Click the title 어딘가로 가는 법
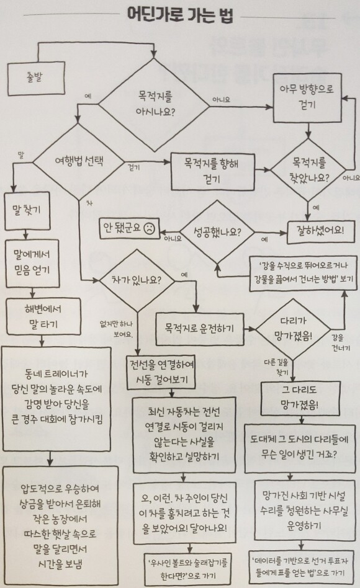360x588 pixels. pyautogui.click(x=180, y=16)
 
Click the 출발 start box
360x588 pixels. pyautogui.click(x=36, y=79)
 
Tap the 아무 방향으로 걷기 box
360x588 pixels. pyautogui.click(x=307, y=98)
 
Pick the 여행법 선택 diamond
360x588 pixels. pyautogui.click(x=79, y=162)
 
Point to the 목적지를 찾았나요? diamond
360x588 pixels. pyautogui.click(x=308, y=170)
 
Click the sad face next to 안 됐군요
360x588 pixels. pyautogui.click(x=149, y=228)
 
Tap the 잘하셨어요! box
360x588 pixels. pyautogui.click(x=320, y=229)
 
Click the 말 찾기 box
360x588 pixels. pyautogui.click(x=27, y=211)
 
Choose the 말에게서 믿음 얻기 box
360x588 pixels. pyautogui.click(x=32, y=263)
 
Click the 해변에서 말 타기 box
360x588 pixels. pyautogui.click(x=43, y=316)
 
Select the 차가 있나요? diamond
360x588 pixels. pyautogui.click(x=137, y=280)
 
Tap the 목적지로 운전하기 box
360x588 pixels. pyautogui.click(x=200, y=329)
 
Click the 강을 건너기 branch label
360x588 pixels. pyautogui.click(x=341, y=343)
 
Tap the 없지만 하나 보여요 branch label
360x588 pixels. pyautogui.click(x=116, y=329)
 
